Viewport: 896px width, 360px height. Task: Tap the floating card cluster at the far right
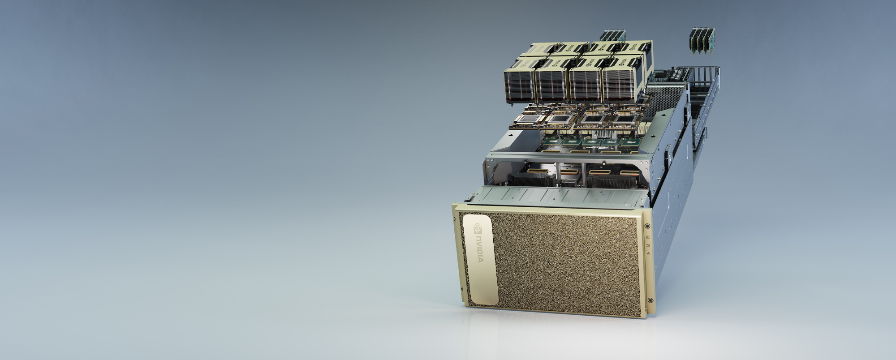tap(702, 41)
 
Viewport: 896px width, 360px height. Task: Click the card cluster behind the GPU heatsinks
tap(612, 36)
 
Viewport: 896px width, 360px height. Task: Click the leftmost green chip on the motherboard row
tap(552, 141)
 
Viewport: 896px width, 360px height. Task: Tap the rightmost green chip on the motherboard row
tap(631, 142)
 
